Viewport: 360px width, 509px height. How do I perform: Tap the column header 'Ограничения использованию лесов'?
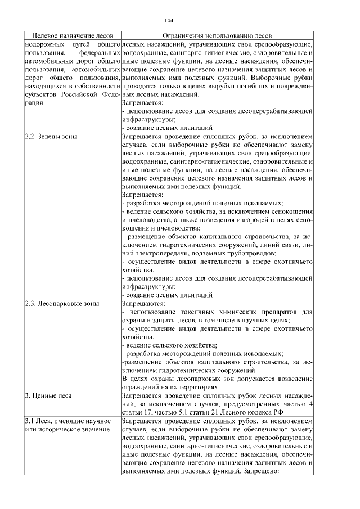click(217, 35)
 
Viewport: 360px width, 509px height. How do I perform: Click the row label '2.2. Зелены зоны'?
click(52, 137)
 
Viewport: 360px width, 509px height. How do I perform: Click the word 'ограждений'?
click(141, 387)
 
